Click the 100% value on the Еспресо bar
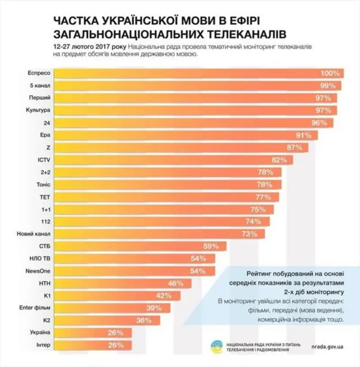pos(330,74)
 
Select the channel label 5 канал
pos(39,85)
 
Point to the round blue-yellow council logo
pos(215,346)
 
